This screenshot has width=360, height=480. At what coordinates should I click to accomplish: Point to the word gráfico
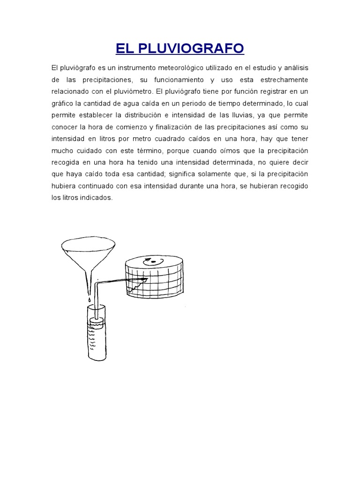(62, 103)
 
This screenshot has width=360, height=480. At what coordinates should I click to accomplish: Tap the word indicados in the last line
(97, 198)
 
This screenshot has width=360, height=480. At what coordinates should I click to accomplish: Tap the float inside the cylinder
(97, 322)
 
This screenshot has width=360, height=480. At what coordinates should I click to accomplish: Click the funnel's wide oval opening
(89, 244)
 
